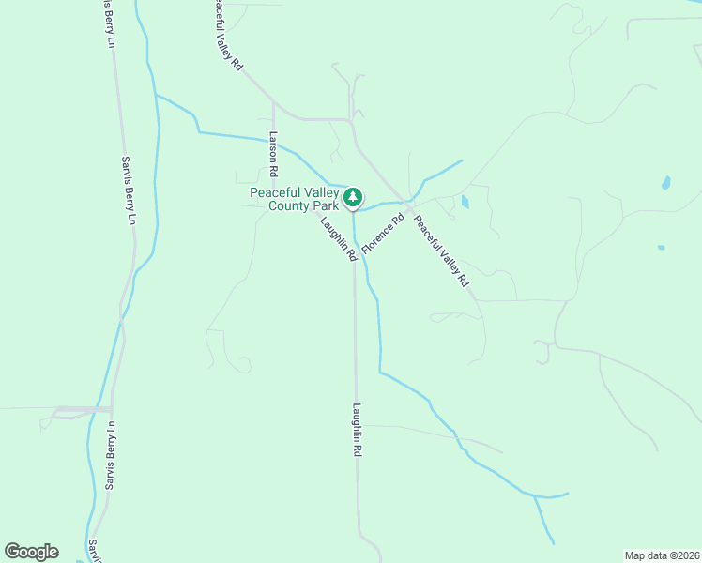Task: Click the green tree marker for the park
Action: [353, 197]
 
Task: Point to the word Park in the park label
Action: [325, 205]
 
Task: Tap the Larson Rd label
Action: [273, 155]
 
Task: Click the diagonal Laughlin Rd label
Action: [338, 239]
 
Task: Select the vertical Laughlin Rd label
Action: [358, 430]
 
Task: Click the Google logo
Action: [31, 552]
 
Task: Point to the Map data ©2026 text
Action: [662, 555]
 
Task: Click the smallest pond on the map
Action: [661, 248]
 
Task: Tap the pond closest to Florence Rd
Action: [465, 201]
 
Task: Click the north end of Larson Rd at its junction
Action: [273, 103]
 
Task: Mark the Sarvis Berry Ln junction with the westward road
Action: [111, 409]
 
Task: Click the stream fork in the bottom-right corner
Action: [535, 496]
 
